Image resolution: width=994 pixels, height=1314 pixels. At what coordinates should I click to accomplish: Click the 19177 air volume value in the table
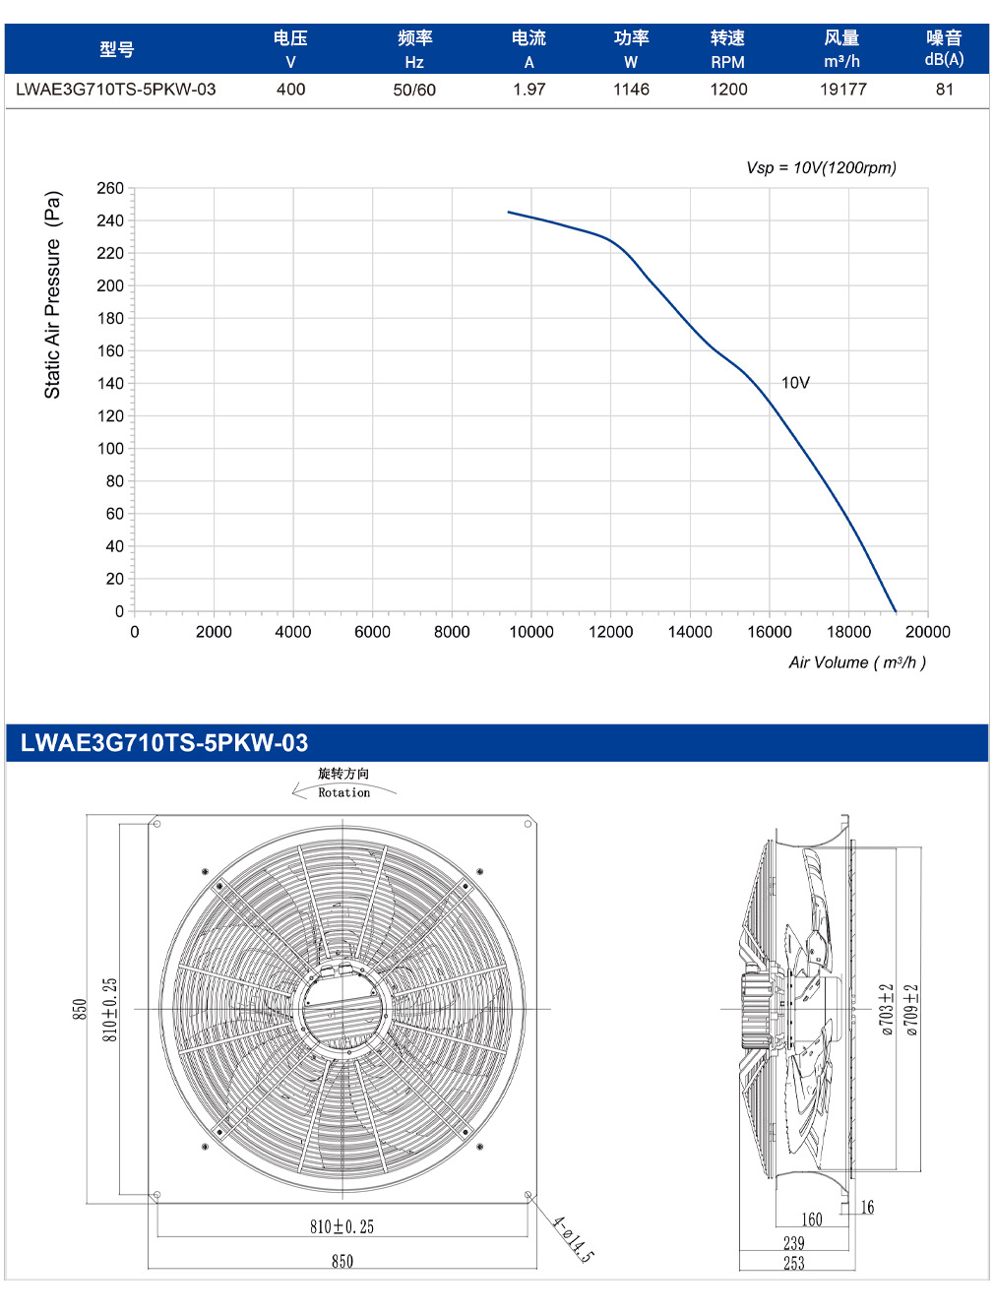[x=842, y=90]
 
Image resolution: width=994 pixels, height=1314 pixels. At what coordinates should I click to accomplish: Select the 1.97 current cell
[x=529, y=90]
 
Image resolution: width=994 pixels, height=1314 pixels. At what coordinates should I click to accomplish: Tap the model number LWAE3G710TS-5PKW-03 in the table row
[x=115, y=90]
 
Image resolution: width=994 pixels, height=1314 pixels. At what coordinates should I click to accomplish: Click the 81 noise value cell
[x=945, y=90]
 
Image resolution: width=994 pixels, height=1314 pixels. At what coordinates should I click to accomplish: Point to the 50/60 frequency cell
[x=414, y=90]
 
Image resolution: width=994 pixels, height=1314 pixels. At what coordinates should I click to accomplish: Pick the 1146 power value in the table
[x=631, y=90]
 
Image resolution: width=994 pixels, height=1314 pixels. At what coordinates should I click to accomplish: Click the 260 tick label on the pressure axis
[x=110, y=188]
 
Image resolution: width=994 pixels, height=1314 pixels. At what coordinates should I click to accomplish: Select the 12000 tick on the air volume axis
[x=610, y=632]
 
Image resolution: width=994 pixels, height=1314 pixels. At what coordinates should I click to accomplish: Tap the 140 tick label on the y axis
[x=110, y=383]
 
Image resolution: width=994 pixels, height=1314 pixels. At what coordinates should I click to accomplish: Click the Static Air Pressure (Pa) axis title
[x=53, y=294]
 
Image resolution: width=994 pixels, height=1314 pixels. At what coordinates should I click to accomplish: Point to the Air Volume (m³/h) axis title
[x=857, y=662]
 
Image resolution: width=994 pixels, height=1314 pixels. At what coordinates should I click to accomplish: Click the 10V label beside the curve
[x=795, y=383]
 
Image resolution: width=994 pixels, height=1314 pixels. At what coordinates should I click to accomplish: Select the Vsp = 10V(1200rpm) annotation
[x=821, y=167]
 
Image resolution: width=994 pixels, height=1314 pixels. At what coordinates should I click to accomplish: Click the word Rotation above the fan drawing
[x=344, y=792]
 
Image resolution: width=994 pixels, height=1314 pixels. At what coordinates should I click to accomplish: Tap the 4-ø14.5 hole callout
[x=573, y=1238]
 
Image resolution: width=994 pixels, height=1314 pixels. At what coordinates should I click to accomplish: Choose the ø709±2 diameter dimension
[x=910, y=1010]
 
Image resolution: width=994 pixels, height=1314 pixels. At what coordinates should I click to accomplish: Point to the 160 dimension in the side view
[x=812, y=1220]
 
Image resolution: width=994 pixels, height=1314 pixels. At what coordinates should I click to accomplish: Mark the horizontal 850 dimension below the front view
[x=342, y=1262]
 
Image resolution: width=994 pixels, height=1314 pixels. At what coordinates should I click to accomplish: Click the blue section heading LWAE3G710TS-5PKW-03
[x=164, y=742]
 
